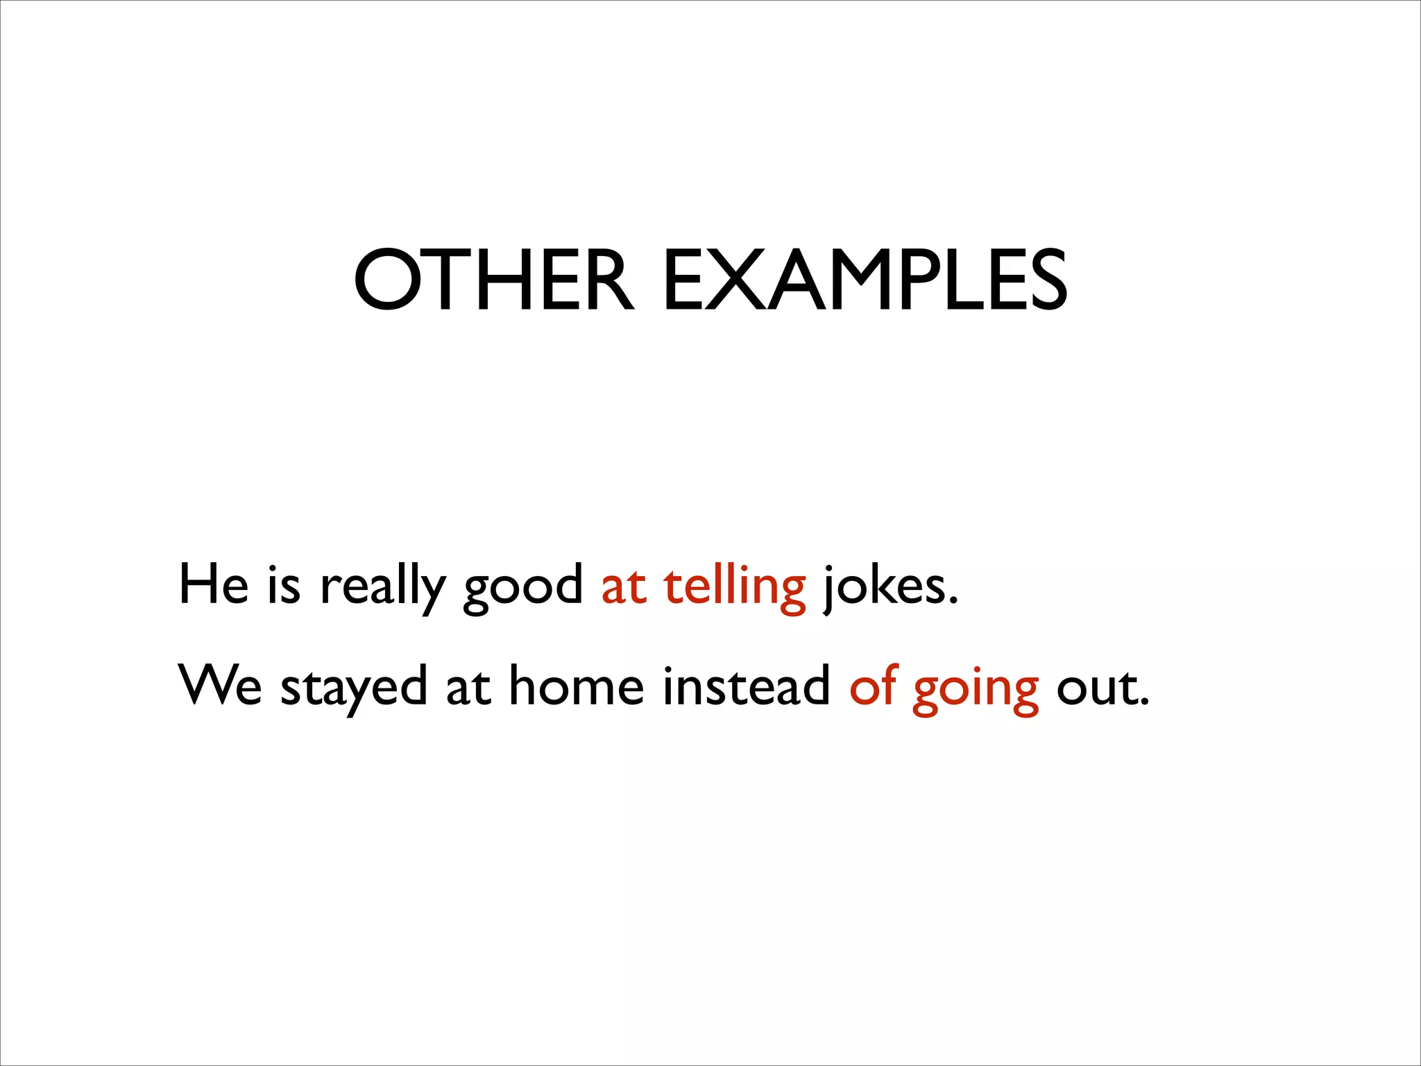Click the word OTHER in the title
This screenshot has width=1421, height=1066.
click(493, 280)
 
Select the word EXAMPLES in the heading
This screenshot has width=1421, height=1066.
click(865, 280)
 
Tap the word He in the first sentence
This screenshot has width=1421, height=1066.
click(213, 584)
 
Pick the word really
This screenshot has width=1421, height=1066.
click(382, 587)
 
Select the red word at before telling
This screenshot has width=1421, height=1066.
click(624, 586)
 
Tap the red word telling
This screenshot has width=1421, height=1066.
click(735, 587)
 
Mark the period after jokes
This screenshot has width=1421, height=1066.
click(953, 600)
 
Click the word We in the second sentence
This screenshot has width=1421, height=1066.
click(220, 686)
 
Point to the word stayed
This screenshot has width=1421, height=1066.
click(353, 687)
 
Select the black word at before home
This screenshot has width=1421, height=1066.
click(468, 687)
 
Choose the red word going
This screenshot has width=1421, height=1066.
click(976, 688)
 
